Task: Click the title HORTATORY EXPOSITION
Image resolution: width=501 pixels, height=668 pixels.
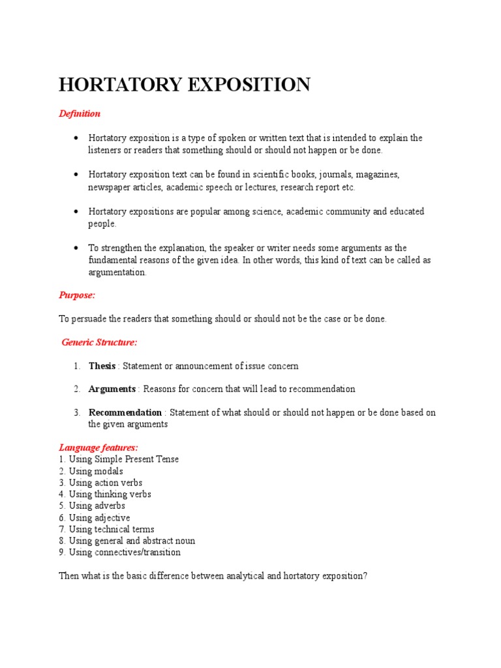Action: pyautogui.click(x=185, y=85)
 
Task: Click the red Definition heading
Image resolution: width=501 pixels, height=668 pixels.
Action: pyautogui.click(x=80, y=114)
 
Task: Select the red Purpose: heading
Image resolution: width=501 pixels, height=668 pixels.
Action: pyautogui.click(x=77, y=295)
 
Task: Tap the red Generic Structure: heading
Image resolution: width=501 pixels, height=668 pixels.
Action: pyautogui.click(x=99, y=342)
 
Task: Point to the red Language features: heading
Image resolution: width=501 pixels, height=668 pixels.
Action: pyautogui.click(x=99, y=448)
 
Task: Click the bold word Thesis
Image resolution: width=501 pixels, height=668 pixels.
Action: pyautogui.click(x=102, y=366)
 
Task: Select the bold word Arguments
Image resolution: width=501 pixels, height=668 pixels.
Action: pyautogui.click(x=112, y=389)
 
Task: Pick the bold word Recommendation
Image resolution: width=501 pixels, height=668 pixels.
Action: pyautogui.click(x=125, y=412)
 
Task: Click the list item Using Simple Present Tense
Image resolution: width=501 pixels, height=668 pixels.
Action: pyautogui.click(x=119, y=459)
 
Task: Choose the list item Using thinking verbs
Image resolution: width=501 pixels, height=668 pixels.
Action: pyautogui.click(x=105, y=494)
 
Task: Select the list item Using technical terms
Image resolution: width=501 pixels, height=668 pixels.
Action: pyautogui.click(x=106, y=529)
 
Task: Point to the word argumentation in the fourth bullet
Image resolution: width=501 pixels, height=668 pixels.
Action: pyautogui.click(x=117, y=272)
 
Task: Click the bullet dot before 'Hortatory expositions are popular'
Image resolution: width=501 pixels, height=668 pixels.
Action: pyautogui.click(x=77, y=211)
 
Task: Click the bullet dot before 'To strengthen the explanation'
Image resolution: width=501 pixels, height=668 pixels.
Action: pyautogui.click(x=77, y=248)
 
